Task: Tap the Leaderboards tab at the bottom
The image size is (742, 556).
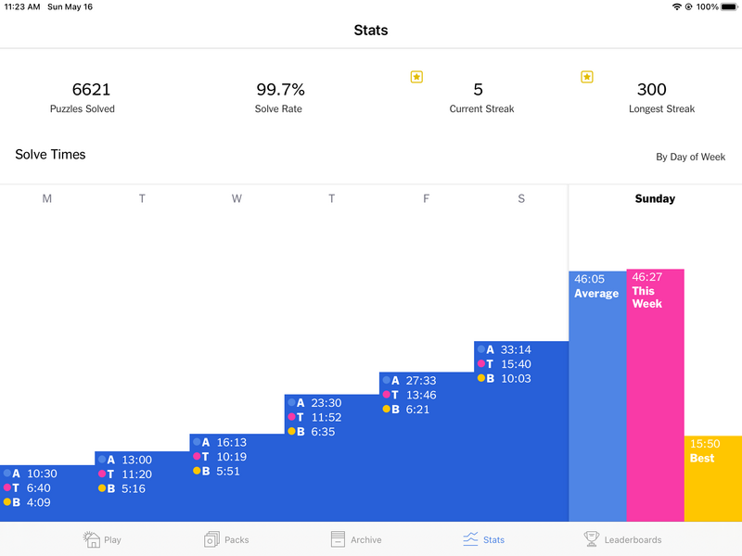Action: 622,539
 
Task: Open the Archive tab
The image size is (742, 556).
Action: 356,539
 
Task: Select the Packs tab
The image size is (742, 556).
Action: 225,539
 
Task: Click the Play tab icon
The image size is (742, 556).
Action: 91,538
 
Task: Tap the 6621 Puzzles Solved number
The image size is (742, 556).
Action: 91,90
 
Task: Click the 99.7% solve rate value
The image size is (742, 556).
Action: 280,90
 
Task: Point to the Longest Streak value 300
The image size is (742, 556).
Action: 651,90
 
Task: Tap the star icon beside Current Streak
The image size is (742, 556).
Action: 416,77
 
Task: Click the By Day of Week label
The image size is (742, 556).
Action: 690,157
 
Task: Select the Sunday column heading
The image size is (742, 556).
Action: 655,198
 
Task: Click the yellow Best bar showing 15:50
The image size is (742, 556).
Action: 712,478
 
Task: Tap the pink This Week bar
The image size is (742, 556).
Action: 655,395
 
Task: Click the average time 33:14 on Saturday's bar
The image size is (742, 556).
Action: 516,350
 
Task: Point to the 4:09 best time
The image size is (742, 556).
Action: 39,503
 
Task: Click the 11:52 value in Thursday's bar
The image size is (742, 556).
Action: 326,417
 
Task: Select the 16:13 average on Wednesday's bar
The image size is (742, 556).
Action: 232,443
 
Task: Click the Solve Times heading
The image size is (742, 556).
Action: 50,155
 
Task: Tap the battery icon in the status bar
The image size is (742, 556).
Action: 728,6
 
